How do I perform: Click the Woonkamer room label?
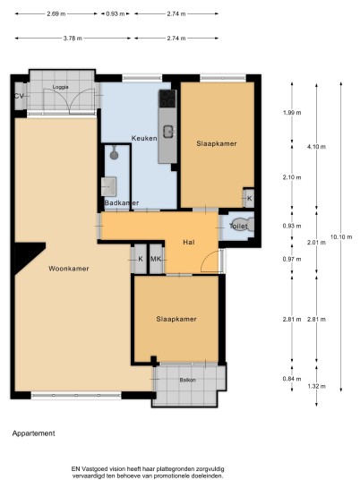pyautogui.click(x=69, y=269)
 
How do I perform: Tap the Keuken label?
pyautogui.click(x=144, y=138)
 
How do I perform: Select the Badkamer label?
pyautogui.click(x=122, y=202)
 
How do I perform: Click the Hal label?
pyautogui.click(x=189, y=242)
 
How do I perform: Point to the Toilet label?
pyautogui.click(x=238, y=227)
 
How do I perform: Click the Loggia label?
pyautogui.click(x=60, y=87)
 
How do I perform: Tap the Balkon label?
pyautogui.click(x=188, y=380)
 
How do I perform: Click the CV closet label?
pyautogui.click(x=19, y=96)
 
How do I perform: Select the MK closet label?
pyautogui.click(x=156, y=259)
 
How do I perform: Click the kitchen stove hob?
pyautogui.click(x=167, y=99)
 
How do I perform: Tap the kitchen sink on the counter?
pyautogui.click(x=168, y=132)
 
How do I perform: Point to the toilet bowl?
pyautogui.click(x=244, y=225)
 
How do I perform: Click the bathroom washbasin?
pyautogui.click(x=108, y=186)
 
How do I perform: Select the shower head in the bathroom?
pyautogui.click(x=115, y=154)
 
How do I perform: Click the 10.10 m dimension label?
pyautogui.click(x=341, y=236)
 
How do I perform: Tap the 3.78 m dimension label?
pyautogui.click(x=73, y=39)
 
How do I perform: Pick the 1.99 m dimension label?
pyautogui.click(x=292, y=112)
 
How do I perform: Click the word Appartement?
pyautogui.click(x=34, y=433)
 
